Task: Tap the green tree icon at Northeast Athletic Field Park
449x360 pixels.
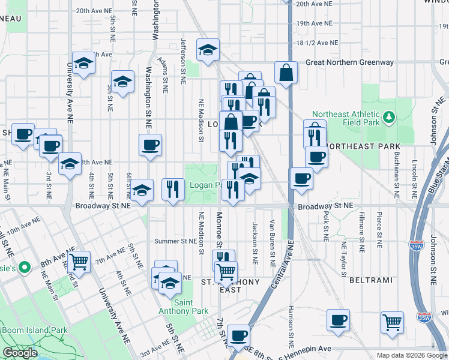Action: coord(389,115)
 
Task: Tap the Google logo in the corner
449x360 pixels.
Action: coord(20,353)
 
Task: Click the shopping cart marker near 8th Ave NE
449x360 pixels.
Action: coord(79,261)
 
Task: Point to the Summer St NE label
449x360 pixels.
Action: coord(176,241)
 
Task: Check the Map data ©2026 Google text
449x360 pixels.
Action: coord(411,355)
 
